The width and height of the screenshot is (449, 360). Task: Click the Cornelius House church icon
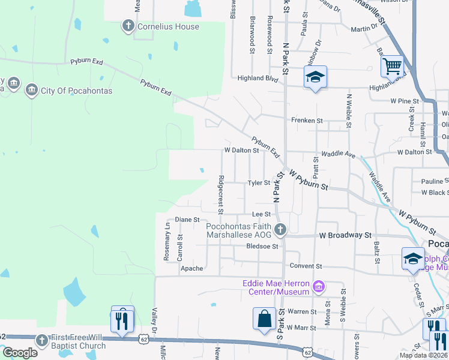127,26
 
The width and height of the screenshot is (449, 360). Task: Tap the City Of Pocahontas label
76,91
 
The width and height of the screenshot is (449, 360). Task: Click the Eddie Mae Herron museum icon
319,287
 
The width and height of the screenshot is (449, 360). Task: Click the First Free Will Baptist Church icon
41,340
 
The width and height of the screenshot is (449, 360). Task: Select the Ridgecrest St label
221,194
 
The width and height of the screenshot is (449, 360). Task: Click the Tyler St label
260,183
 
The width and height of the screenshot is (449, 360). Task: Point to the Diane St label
187,220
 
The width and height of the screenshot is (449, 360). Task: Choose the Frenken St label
307,121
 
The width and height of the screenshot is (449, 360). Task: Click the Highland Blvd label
258,78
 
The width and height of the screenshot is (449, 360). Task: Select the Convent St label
306,266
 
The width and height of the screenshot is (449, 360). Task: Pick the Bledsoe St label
262,246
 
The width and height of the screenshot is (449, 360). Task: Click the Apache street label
192,269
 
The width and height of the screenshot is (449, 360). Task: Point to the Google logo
20,353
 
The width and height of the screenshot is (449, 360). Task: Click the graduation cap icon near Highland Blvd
315,77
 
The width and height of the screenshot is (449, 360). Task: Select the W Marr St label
301,328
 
